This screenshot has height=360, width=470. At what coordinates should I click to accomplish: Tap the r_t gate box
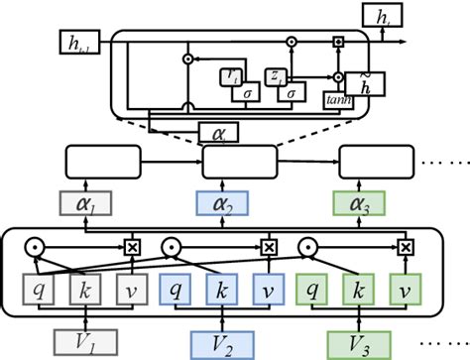point(231,76)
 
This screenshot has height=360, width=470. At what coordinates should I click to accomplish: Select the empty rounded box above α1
point(99,160)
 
